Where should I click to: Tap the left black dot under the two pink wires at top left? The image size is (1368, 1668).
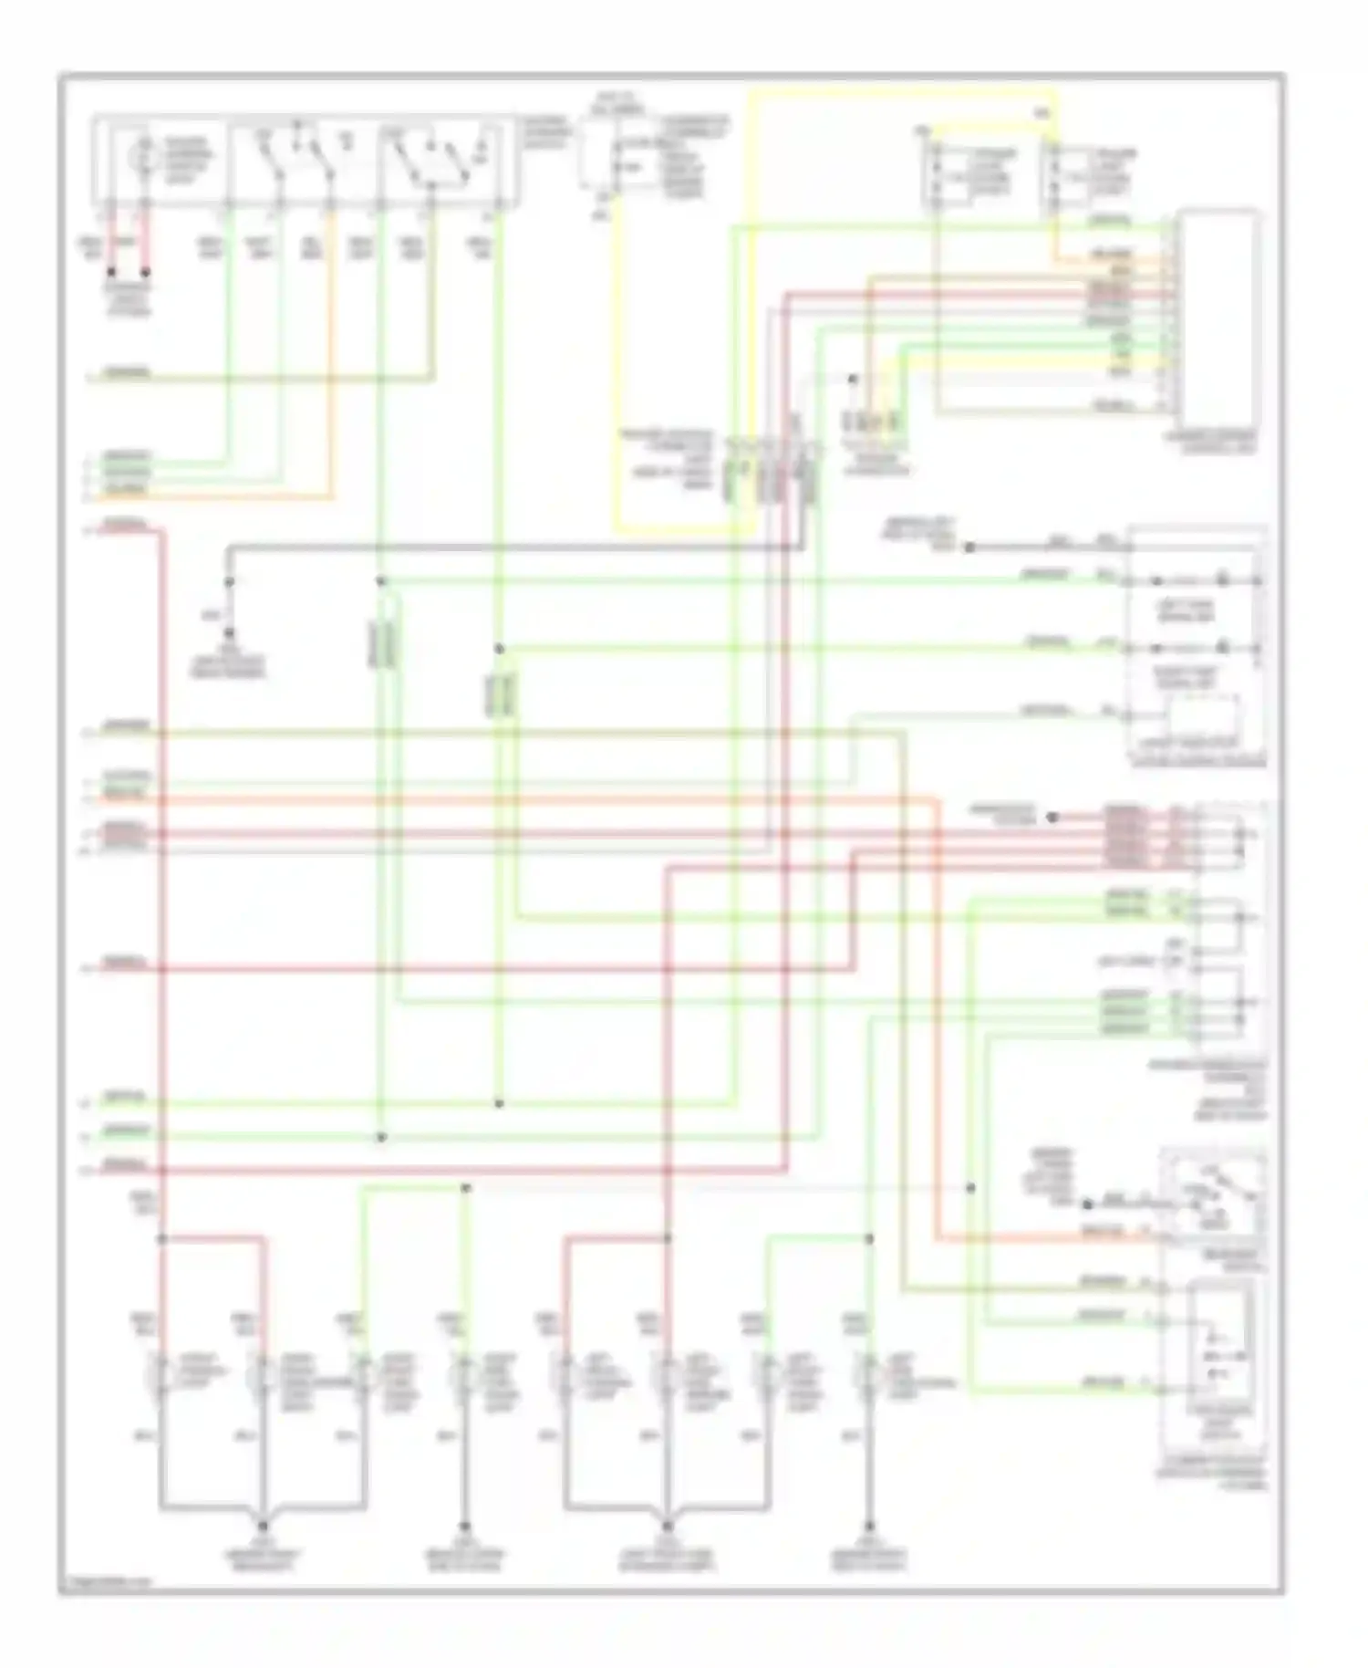(111, 271)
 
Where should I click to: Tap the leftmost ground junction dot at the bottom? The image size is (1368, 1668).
(264, 1526)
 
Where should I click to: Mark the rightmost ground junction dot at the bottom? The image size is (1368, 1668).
(868, 1526)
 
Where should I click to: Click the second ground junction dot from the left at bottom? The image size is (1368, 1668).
(464, 1526)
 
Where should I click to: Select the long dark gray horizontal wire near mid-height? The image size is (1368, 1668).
(511, 547)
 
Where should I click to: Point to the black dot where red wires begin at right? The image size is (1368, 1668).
(1052, 818)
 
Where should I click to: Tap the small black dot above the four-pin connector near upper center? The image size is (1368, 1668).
(853, 379)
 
